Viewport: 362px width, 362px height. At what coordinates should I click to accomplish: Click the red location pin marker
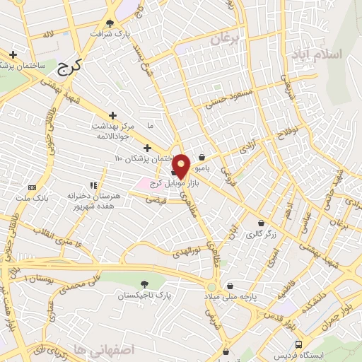coord(181,165)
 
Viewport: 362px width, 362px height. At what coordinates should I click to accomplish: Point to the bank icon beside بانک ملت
coord(31,187)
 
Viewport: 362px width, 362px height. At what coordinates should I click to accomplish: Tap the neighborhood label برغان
coord(230,36)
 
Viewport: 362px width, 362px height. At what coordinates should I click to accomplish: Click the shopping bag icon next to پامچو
coord(203,158)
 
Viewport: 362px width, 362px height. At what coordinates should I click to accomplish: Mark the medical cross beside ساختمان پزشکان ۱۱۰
coord(146,148)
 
